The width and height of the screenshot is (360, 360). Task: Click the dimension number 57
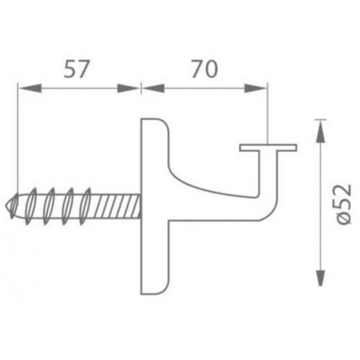(x=76, y=69)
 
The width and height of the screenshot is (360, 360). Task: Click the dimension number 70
(x=205, y=69)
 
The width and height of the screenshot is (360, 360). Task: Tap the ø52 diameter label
(x=343, y=205)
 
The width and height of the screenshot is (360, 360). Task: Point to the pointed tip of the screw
(x=7, y=207)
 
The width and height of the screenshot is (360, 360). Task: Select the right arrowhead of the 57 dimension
(x=129, y=88)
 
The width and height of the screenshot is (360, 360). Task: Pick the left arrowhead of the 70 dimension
(x=153, y=88)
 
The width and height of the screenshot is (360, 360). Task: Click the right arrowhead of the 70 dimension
(x=255, y=88)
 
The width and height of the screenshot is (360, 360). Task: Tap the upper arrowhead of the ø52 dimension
(x=321, y=131)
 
